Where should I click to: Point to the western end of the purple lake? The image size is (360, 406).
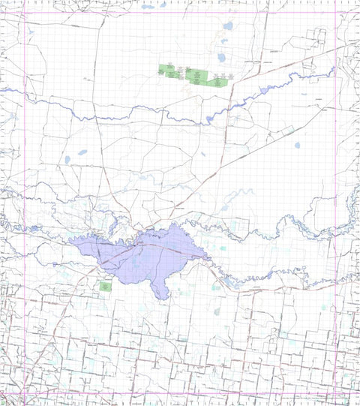coord(70,240)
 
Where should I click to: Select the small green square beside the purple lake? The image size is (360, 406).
coord(104,285)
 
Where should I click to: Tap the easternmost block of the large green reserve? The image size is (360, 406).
coord(219,80)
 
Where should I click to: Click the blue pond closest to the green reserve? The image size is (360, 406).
coord(221,57)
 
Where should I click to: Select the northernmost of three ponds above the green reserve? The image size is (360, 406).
coord(228,27)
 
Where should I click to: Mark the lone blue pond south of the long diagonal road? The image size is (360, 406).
coord(297,145)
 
